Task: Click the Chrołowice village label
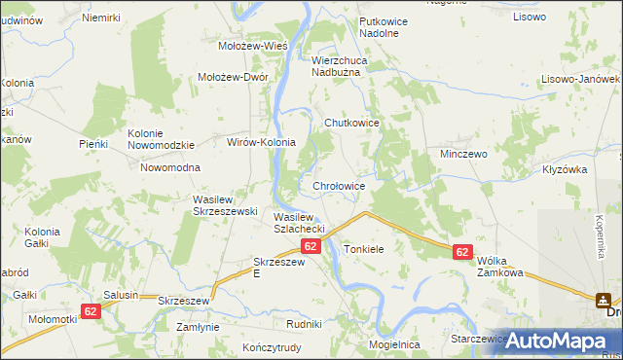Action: click(x=339, y=186)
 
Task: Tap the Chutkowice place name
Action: click(x=351, y=123)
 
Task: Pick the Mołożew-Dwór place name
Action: click(x=233, y=78)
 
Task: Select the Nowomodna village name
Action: click(x=169, y=167)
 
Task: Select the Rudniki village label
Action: click(x=304, y=323)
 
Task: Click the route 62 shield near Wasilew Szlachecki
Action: click(x=311, y=247)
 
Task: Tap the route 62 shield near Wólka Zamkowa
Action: click(x=462, y=252)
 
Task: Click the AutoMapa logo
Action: click(x=556, y=340)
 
